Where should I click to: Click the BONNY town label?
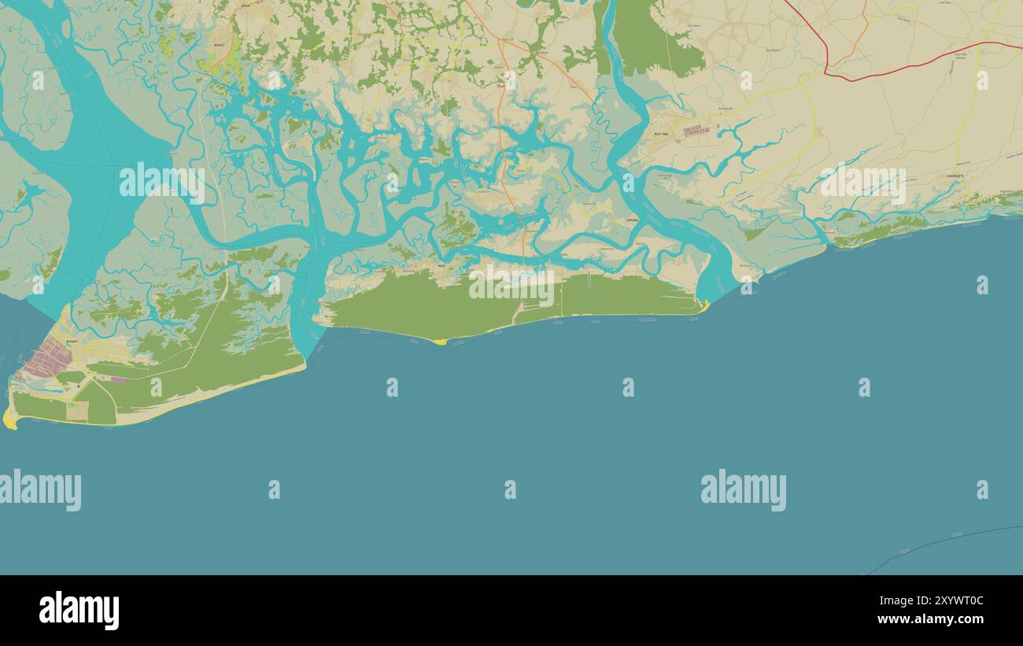pyautogui.click(x=72, y=341)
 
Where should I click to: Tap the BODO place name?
pyautogui.click(x=218, y=45)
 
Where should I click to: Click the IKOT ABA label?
pyautogui.click(x=661, y=134)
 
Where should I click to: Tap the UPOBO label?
pyautogui.click(x=632, y=220)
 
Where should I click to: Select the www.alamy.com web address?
pyautogui.click(x=931, y=619)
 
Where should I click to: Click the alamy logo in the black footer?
pyautogui.click(x=79, y=611)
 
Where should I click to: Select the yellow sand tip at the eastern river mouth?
pyautogui.click(x=705, y=306)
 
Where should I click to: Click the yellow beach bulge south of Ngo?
pyautogui.click(x=438, y=341)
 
